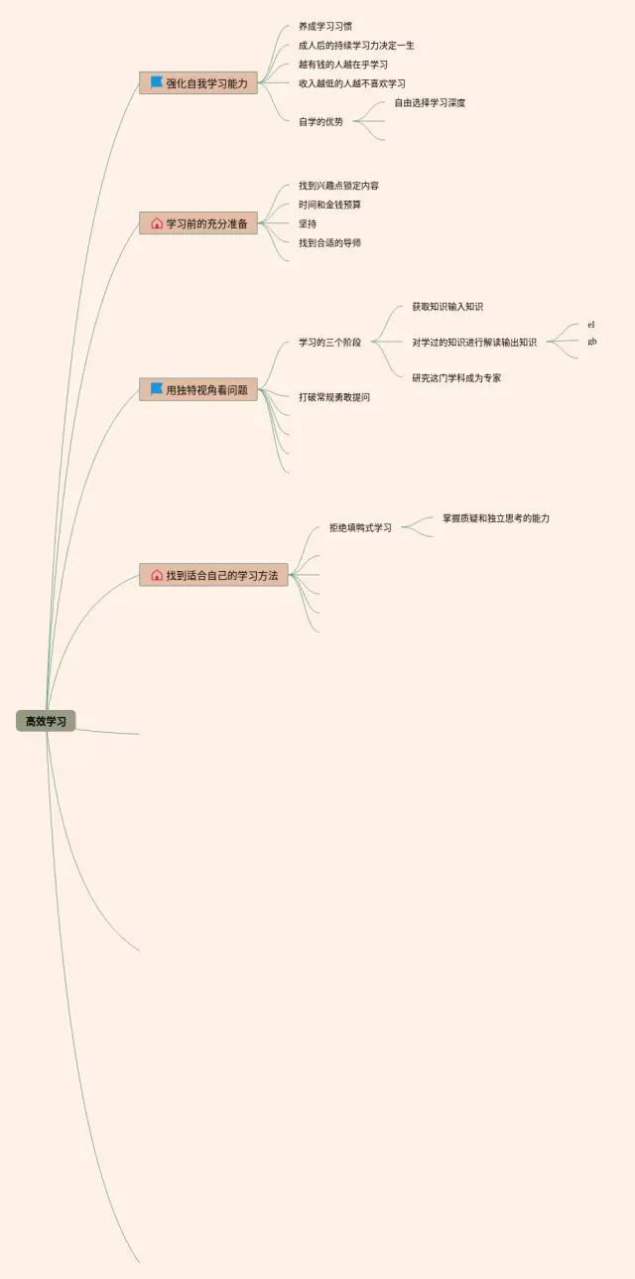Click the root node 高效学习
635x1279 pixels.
tap(46, 721)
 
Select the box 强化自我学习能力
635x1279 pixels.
tap(198, 83)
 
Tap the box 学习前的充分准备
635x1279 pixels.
tap(198, 223)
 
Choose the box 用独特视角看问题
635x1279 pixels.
tap(198, 390)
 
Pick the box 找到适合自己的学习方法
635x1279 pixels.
tap(213, 575)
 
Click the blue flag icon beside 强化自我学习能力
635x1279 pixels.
tap(156, 82)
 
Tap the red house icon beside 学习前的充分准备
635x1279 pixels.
tap(156, 223)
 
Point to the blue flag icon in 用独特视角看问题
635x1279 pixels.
tap(156, 389)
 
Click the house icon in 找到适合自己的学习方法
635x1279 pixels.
tap(156, 575)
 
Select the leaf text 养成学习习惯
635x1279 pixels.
tap(325, 27)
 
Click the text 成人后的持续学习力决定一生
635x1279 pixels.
tap(356, 46)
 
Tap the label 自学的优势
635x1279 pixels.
tap(320, 122)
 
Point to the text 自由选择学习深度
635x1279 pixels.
tap(430, 103)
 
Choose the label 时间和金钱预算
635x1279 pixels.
tap(329, 205)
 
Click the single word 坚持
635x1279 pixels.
tap(308, 223)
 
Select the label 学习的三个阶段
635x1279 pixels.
tap(329, 343)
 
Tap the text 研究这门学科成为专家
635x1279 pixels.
tap(456, 378)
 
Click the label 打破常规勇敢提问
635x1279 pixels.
tap(334, 397)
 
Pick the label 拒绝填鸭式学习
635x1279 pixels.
tap(360, 528)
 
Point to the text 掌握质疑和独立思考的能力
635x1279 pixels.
tap(496, 518)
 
